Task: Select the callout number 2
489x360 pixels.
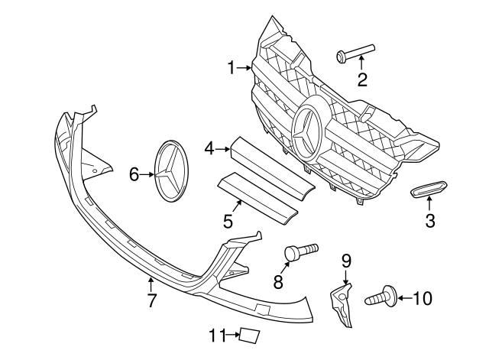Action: point(362,79)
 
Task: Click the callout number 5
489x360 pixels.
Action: point(228,222)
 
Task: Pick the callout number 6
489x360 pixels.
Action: point(134,175)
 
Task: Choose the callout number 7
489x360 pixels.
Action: point(151,300)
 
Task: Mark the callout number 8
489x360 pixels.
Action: point(278,282)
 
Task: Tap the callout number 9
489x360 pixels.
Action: point(345,261)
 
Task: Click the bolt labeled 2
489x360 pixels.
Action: point(354,54)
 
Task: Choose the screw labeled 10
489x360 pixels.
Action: point(381,297)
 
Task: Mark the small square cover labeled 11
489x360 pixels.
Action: point(249,334)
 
